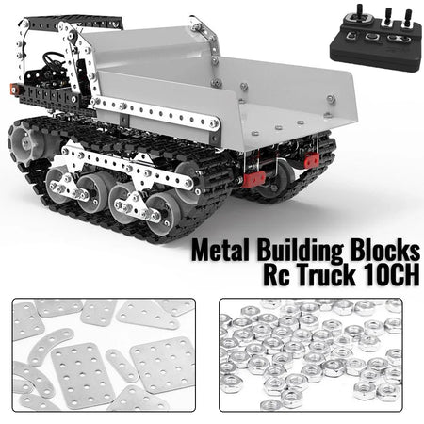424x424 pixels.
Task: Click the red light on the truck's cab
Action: click(x=16, y=89)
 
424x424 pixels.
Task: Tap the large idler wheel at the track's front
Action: click(x=29, y=143)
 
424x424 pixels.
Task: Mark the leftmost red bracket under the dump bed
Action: click(x=253, y=179)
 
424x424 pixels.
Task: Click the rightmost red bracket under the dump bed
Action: click(x=311, y=161)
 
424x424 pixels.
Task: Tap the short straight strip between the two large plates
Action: click(x=122, y=365)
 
